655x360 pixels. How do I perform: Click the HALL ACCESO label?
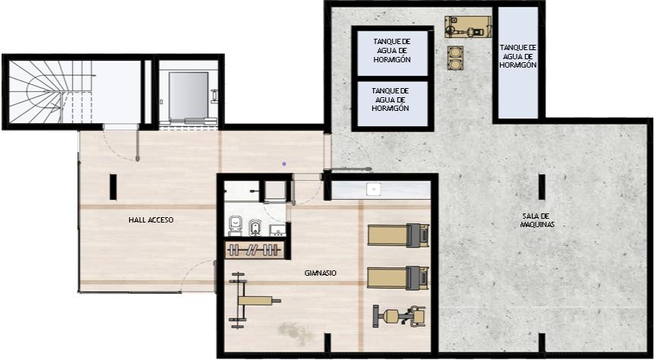click(150, 219)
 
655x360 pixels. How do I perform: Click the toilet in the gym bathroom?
click(235, 226)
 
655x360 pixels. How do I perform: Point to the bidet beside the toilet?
click(255, 227)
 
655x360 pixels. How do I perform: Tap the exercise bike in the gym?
click(400, 316)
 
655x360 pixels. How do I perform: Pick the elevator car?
click(188, 95)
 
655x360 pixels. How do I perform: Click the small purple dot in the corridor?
click(284, 164)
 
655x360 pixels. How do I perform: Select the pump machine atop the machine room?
click(467, 27)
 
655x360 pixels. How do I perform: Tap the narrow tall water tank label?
click(518, 56)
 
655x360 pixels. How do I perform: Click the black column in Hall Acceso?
click(112, 187)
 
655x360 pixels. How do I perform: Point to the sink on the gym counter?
click(372, 189)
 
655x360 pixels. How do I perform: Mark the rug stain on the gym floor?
click(296, 332)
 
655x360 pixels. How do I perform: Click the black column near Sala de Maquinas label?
click(542, 187)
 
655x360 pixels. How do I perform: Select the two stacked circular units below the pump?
click(455, 58)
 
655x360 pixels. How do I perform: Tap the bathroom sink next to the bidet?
click(277, 229)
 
